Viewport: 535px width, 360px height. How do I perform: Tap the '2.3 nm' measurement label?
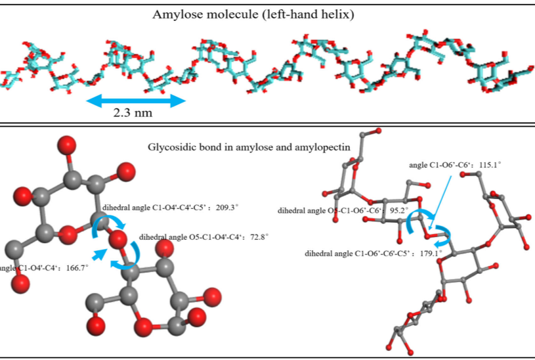pyautogui.click(x=133, y=112)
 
